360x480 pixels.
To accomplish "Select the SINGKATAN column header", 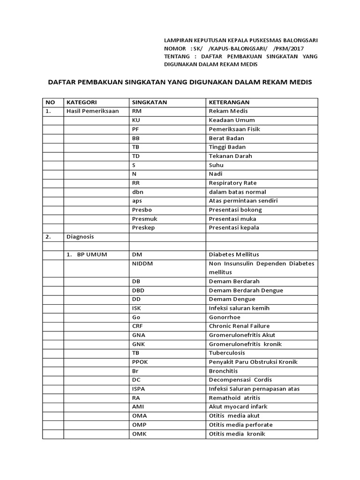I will tap(150, 102).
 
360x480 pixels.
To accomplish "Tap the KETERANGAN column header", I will tap(229, 102).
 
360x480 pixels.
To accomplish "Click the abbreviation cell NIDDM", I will tap(142, 263).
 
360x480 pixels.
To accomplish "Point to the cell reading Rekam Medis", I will tap(228, 111).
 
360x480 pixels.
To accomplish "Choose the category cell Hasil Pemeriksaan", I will tap(93, 111).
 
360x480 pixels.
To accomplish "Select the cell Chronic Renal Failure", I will tap(239, 326).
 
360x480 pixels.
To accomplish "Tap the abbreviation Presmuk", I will tap(144, 218).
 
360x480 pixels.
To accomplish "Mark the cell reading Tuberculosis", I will tap(227, 353).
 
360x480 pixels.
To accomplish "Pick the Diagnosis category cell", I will tap(80, 237).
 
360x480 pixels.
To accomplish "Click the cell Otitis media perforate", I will tap(240, 425).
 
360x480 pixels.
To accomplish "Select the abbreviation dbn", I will tap(138, 192).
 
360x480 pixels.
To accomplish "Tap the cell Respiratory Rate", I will tap(232, 183).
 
